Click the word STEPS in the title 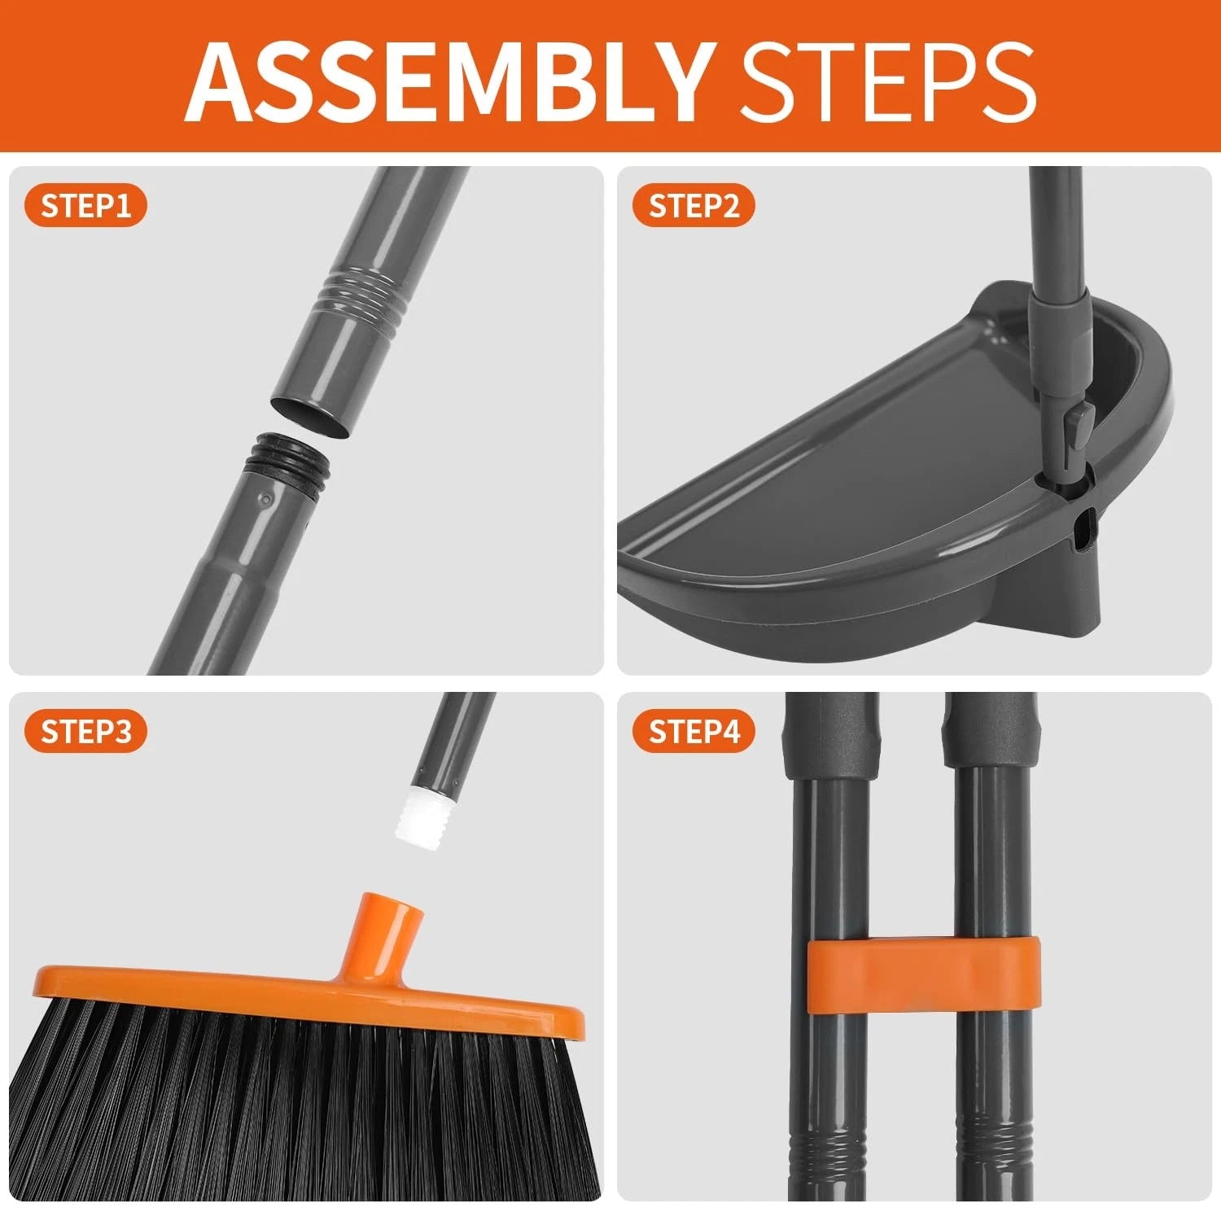[x=886, y=79]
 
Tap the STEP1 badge [x=85, y=206]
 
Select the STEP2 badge [x=694, y=206]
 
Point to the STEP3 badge [x=85, y=731]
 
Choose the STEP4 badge [x=694, y=731]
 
